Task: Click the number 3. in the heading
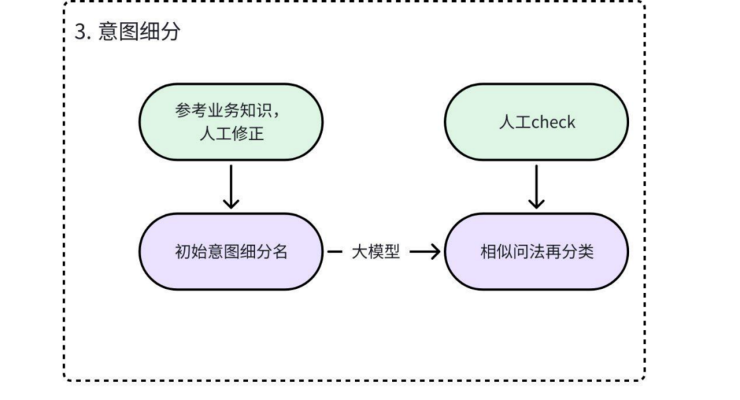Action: coord(82,32)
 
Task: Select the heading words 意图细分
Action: coord(139,32)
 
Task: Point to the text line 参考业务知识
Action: coord(223,112)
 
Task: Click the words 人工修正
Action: coord(231,134)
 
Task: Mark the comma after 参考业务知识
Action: coord(276,115)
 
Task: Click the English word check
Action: coord(553,122)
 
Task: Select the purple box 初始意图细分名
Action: coord(231,251)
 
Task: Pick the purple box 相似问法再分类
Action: coord(536,251)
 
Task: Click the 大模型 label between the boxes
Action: coord(375,251)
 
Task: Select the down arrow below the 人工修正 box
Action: coord(232,186)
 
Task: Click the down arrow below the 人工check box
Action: coord(536,186)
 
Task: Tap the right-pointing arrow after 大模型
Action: coord(425,252)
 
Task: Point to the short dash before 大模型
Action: coord(334,252)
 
